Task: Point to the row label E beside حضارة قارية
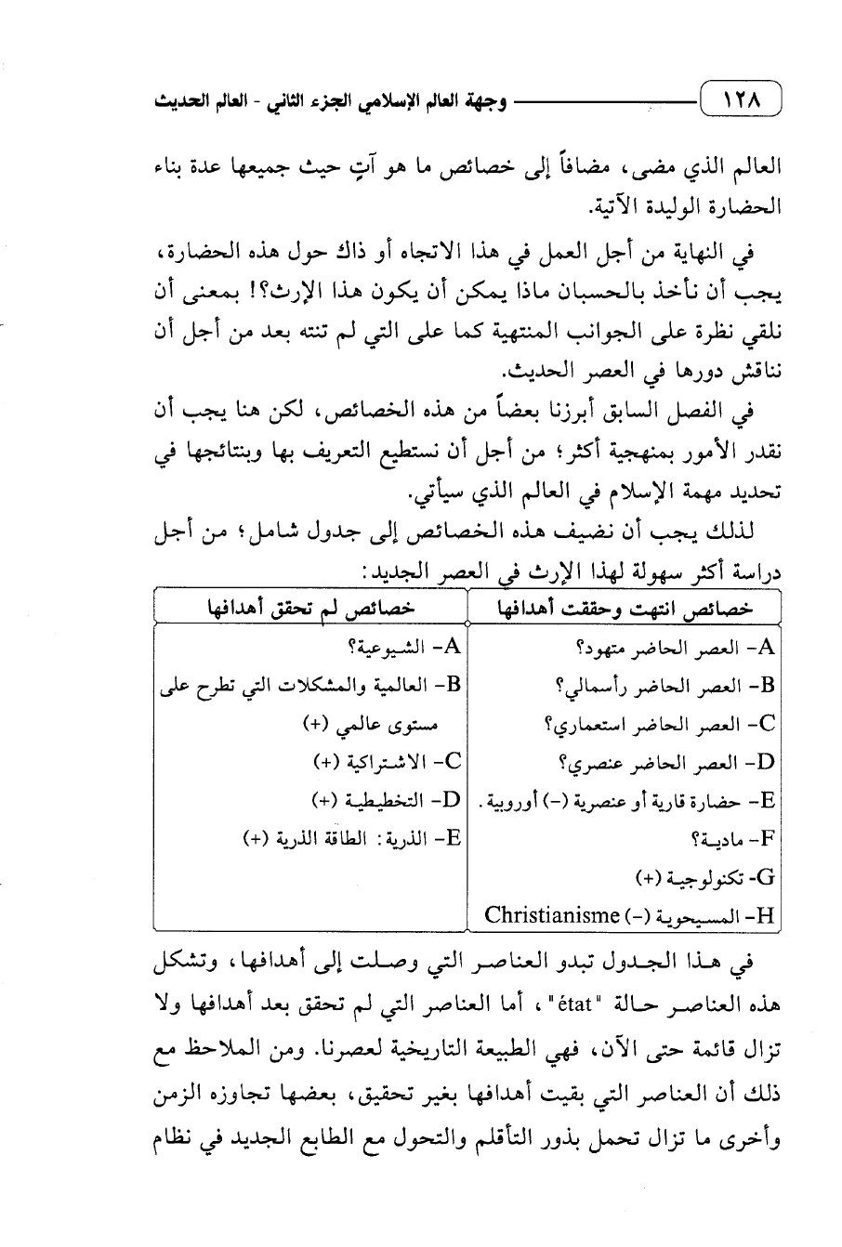point(768,800)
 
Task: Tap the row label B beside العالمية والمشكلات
point(453,686)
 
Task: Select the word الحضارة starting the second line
point(743,206)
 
